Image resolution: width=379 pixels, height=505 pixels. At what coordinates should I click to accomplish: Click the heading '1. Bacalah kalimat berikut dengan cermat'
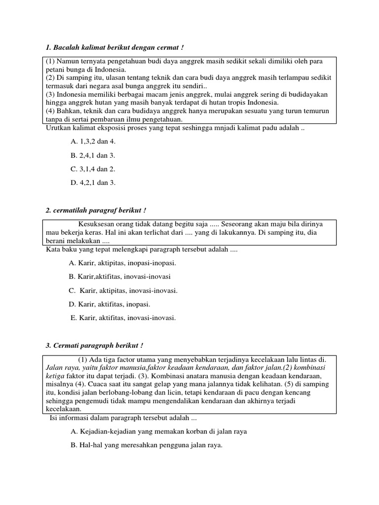114,47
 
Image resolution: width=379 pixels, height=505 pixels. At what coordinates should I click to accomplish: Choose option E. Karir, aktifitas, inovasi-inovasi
124,318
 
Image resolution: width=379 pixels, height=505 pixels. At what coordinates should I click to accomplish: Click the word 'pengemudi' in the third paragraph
86,401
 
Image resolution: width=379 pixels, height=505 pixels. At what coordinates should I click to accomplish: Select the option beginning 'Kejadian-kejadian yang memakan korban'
159,432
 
